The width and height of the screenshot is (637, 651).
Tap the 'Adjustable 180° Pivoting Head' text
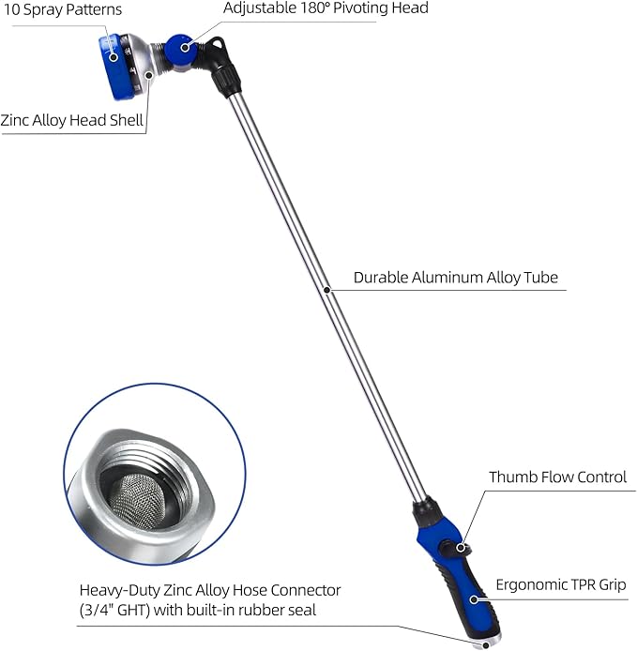pos(326,8)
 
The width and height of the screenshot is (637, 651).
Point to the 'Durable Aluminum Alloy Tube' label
pos(456,278)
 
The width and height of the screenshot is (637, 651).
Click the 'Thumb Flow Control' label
pos(557,477)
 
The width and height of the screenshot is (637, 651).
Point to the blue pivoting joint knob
pos(178,47)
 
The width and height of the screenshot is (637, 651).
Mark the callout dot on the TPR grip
pos(475,598)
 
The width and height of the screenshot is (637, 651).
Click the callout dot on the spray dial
pos(114,56)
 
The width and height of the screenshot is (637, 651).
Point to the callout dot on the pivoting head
pos(185,46)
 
